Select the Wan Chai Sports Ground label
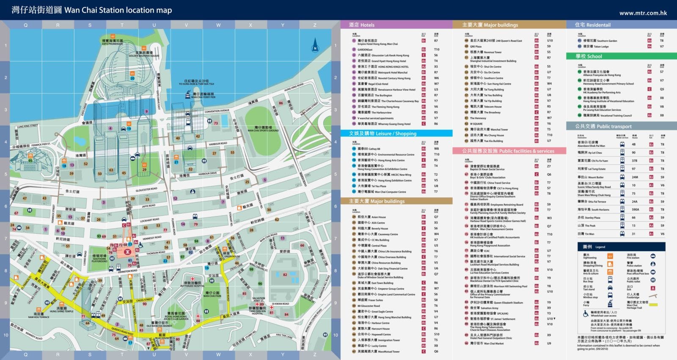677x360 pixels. pyautogui.click(x=263, y=129)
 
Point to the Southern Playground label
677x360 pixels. pyautogui.click(x=99, y=258)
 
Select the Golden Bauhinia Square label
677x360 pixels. pyautogui.click(x=144, y=54)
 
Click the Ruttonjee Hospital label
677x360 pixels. pyautogui.click(x=193, y=285)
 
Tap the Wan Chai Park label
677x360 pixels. pyautogui.click(x=212, y=294)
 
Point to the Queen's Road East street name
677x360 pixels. pyautogui.click(x=122, y=331)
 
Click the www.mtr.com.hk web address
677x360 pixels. pyautogui.click(x=643, y=13)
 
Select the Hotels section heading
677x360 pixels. pyautogui.click(x=362, y=25)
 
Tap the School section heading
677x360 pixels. pyautogui.click(x=589, y=56)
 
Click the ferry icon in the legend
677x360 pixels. pyautogui.click(x=610, y=304)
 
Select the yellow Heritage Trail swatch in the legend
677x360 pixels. pyautogui.click(x=653, y=305)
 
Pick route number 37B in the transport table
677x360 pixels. pyautogui.click(x=634, y=161)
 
